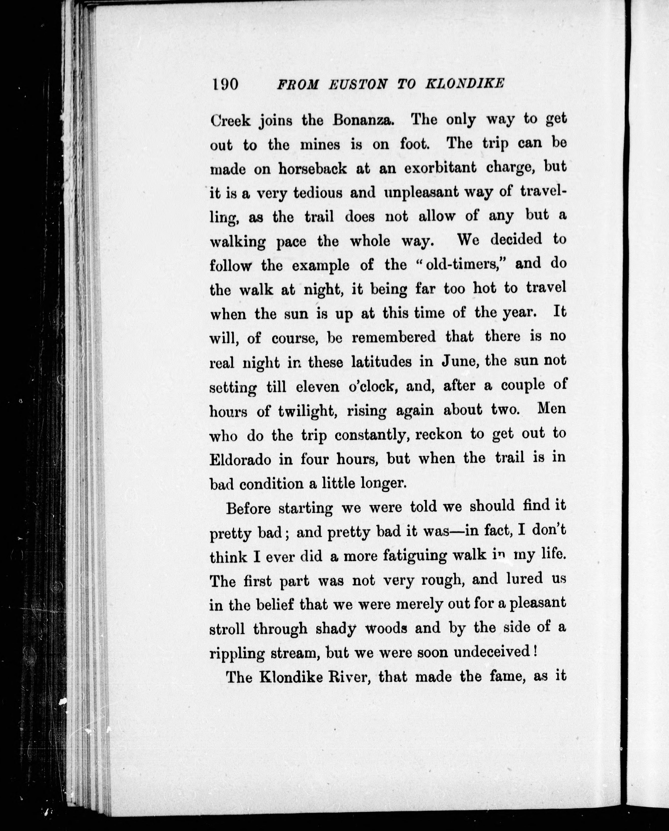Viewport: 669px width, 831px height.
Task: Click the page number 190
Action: point(225,83)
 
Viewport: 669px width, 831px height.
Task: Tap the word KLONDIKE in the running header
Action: point(464,84)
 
